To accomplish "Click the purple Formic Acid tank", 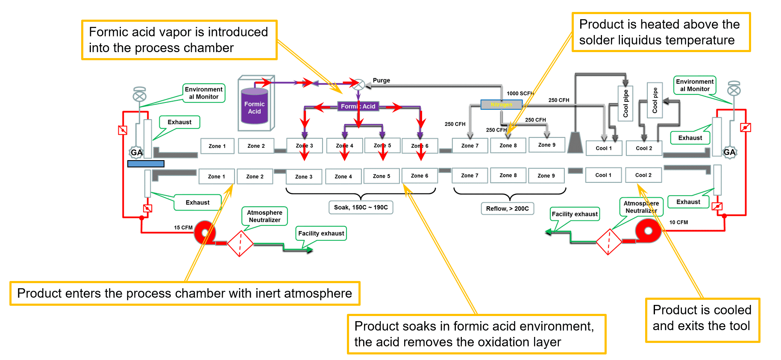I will pyautogui.click(x=255, y=107).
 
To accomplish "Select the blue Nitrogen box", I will pyautogui.click(x=501, y=105).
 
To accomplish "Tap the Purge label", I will pyautogui.click(x=381, y=80).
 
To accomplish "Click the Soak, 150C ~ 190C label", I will pyautogui.click(x=361, y=208).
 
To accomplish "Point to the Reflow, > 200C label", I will pyautogui.click(x=507, y=208).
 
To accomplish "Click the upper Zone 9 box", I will pyautogui.click(x=546, y=145).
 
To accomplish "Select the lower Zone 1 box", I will pyautogui.click(x=216, y=176).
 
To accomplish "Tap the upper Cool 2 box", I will pyautogui.click(x=643, y=148).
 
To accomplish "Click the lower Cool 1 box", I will pyautogui.click(x=603, y=175).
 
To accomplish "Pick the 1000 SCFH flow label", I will pyautogui.click(x=520, y=94).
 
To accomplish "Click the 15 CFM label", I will pyautogui.click(x=183, y=228).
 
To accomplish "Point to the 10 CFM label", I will pyautogui.click(x=678, y=222).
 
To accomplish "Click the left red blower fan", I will pyautogui.click(x=205, y=233).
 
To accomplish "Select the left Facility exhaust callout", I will pyautogui.click(x=321, y=234).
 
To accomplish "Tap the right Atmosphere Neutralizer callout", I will pyautogui.click(x=641, y=207).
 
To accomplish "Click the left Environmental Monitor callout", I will pyautogui.click(x=204, y=93).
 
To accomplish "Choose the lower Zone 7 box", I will pyautogui.click(x=470, y=176).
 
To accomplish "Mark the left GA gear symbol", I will pyautogui.click(x=136, y=152).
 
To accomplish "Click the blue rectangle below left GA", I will pyautogui.click(x=146, y=164).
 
